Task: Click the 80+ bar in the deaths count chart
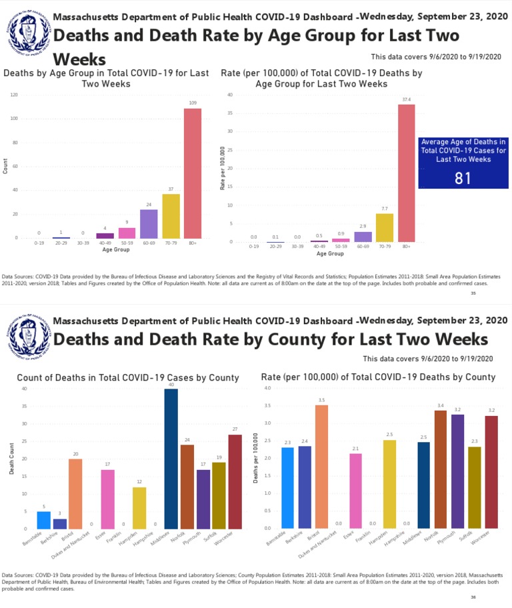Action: click(192, 173)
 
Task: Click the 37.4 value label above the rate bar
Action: click(406, 100)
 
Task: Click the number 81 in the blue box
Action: click(463, 178)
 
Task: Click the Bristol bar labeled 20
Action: click(75, 493)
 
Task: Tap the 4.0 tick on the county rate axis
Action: click(267, 388)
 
